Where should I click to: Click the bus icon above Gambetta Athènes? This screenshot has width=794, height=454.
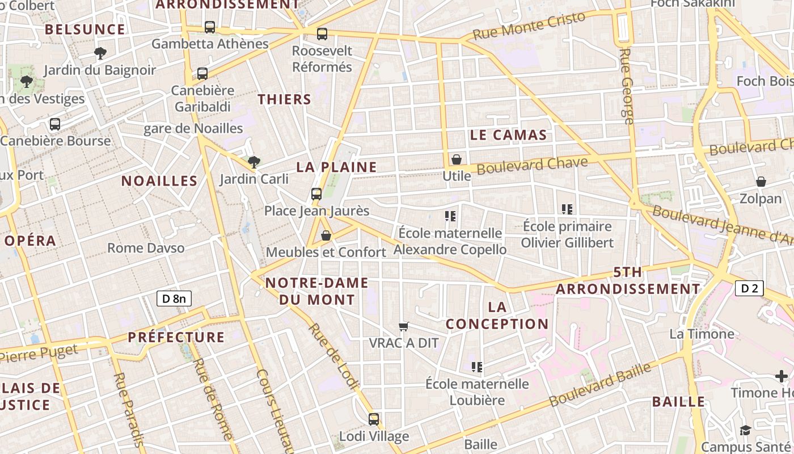click(210, 27)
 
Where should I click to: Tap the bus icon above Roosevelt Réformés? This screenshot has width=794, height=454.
click(322, 34)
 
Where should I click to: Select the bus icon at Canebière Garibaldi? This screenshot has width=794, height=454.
click(202, 73)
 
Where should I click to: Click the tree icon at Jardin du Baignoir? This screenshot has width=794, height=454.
click(100, 53)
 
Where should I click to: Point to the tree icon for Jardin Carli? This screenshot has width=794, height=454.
click(254, 163)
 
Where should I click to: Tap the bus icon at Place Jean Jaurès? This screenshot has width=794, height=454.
click(316, 194)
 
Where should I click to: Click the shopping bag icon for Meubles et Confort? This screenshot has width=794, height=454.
click(326, 235)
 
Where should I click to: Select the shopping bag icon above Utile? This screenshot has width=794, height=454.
click(457, 159)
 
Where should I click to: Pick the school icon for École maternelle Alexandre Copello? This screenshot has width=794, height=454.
click(451, 216)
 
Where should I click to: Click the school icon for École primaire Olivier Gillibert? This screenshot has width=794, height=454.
click(567, 209)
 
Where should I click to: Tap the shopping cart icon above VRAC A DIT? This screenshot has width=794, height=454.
click(404, 326)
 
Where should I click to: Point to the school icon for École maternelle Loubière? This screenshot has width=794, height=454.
click(477, 367)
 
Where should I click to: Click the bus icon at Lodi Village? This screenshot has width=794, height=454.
click(374, 419)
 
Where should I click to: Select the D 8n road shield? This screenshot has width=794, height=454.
click(174, 299)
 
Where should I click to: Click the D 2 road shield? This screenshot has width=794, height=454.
click(749, 288)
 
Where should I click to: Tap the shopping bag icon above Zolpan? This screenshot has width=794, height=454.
click(761, 182)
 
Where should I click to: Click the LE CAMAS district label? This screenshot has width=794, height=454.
click(509, 135)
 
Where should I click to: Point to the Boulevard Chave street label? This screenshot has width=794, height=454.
click(532, 166)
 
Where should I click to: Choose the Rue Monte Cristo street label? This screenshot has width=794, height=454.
click(529, 26)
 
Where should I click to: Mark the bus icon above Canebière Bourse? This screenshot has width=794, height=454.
click(55, 124)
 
